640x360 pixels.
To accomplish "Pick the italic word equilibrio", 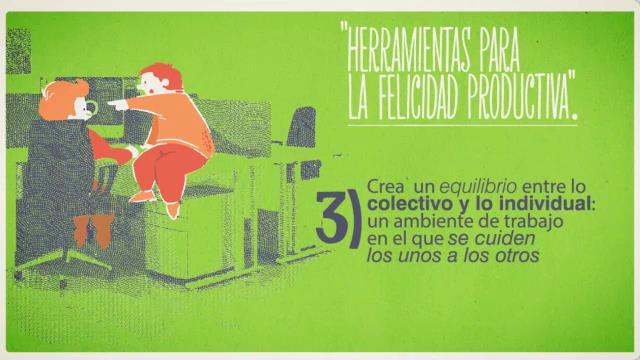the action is click(x=478, y=187).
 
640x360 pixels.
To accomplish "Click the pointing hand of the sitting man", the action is click(x=117, y=105).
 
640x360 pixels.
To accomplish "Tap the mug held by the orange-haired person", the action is click(x=91, y=108).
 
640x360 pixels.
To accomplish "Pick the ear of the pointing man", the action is click(x=165, y=83).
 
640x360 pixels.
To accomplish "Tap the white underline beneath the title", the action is click(x=462, y=125).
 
